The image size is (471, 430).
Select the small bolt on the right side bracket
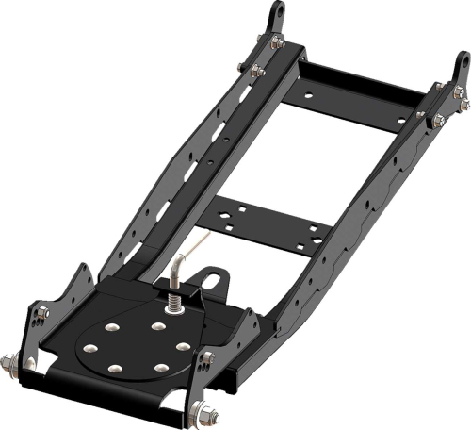pyautogui.click(x=208, y=356)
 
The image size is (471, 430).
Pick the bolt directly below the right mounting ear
pyautogui.click(x=459, y=92)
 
